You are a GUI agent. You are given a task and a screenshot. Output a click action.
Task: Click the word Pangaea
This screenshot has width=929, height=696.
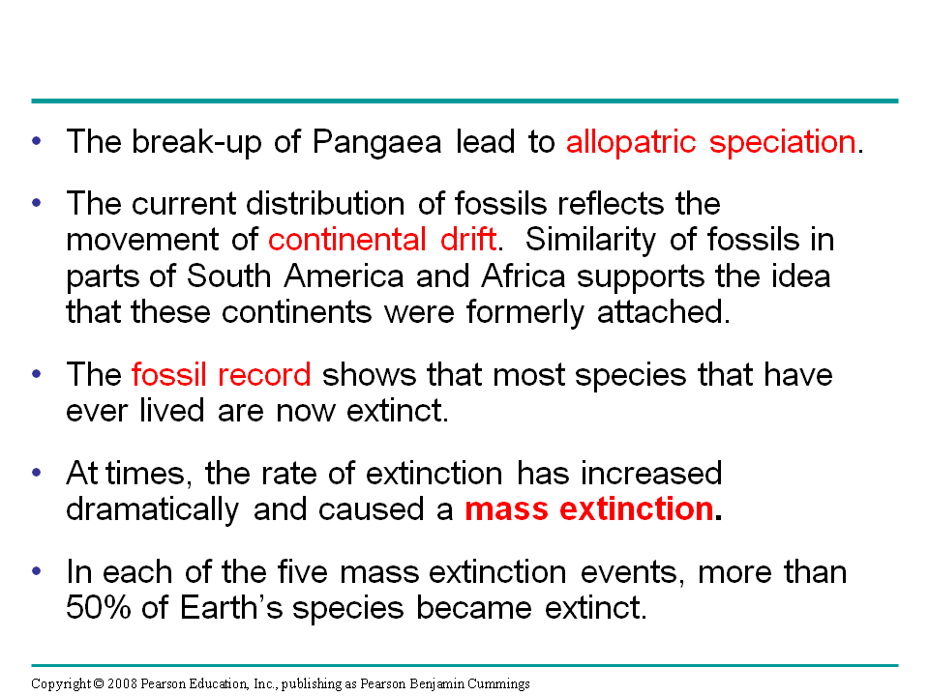click(376, 143)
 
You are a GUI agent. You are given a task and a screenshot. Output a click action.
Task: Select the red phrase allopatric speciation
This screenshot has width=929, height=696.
click(711, 143)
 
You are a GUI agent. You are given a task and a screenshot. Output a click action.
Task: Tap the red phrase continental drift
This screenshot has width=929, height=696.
click(382, 240)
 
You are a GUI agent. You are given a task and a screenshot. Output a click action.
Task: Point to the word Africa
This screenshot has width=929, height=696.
click(524, 276)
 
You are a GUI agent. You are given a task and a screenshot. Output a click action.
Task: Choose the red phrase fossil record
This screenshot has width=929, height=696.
click(221, 375)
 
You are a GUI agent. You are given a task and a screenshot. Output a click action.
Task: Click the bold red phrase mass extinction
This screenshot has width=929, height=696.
click(589, 509)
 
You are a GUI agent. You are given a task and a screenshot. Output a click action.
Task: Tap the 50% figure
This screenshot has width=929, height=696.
click(98, 608)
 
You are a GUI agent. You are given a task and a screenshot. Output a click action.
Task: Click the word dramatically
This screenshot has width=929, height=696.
click(152, 509)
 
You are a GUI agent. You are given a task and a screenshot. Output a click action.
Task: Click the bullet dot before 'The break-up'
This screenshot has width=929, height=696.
click(37, 141)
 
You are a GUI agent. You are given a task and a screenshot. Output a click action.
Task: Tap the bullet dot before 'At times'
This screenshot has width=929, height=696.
click(37, 473)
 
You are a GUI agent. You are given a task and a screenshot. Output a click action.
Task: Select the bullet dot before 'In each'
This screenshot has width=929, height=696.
click(37, 571)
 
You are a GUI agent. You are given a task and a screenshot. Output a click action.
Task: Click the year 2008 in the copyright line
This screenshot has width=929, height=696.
click(122, 684)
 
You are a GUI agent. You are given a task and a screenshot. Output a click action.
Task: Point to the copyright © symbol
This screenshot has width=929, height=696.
click(99, 684)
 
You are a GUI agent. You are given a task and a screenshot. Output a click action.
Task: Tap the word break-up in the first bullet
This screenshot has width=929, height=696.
click(196, 143)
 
